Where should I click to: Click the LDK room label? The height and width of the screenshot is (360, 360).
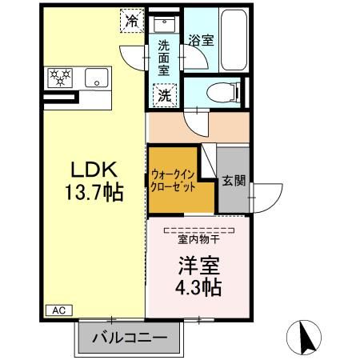pos(95,170)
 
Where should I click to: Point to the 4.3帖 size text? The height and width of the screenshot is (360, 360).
pos(198,285)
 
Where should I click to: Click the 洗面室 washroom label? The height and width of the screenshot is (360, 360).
pos(163,58)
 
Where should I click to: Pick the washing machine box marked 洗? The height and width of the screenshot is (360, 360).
pos(163,94)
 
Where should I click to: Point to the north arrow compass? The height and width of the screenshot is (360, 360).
pos(305,337)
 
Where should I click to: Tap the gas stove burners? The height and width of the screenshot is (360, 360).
pos(61,78)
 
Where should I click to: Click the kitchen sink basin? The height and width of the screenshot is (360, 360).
pos(97,78)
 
